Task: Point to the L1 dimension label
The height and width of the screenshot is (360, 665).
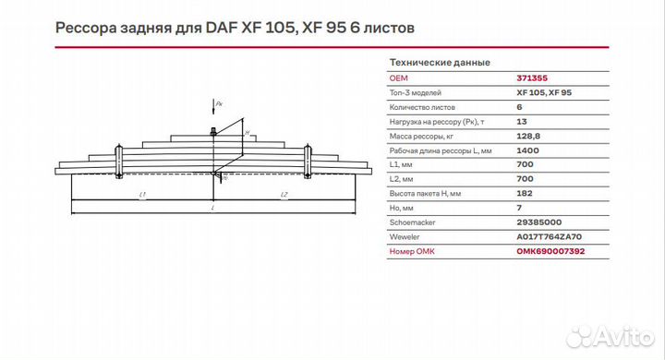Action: pos(141,195)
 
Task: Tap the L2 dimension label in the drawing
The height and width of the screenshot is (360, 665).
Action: pos(284,195)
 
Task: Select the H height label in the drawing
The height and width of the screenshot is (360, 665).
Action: pos(247,133)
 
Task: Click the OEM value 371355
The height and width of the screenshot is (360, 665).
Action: pos(531,78)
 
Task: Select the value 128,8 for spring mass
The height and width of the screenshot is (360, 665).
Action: pos(529,136)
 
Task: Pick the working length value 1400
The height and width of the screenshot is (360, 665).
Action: pos(527,150)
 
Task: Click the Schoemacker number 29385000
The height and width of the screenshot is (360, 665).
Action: pos(538,222)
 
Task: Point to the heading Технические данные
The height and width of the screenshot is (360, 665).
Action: pos(441,62)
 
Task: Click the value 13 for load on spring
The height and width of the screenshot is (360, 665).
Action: pos(522,122)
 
